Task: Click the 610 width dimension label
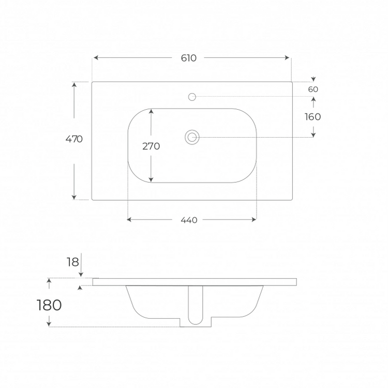(x=188, y=58)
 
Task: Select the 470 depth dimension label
(x=74, y=139)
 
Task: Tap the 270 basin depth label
(x=151, y=146)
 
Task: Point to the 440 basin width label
(x=189, y=220)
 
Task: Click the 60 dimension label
(x=313, y=89)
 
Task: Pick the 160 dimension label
(x=313, y=117)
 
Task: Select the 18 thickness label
(x=73, y=262)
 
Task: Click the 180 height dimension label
(x=49, y=305)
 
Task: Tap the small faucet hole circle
(x=192, y=97)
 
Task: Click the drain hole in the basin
(x=192, y=137)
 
